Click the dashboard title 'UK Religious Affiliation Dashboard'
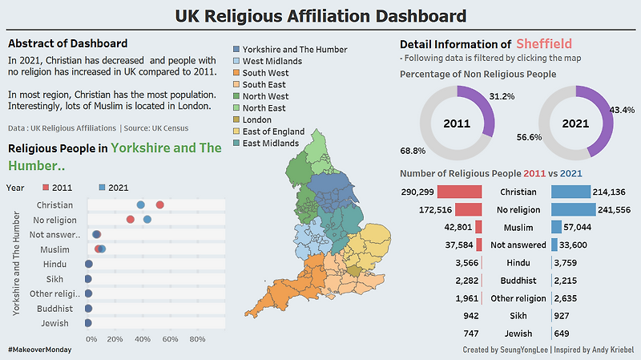[x=320, y=15]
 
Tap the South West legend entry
[x=266, y=72]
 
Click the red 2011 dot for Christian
[x=159, y=205]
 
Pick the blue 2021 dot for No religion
[x=147, y=220]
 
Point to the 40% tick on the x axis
[x=144, y=339]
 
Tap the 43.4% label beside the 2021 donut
[x=623, y=109]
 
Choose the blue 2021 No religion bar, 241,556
[x=574, y=209]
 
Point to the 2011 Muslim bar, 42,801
[x=478, y=228]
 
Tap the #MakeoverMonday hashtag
[x=40, y=350]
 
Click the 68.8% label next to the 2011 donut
[x=413, y=151]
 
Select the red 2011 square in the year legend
[x=45, y=188]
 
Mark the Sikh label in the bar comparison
[x=518, y=316]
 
